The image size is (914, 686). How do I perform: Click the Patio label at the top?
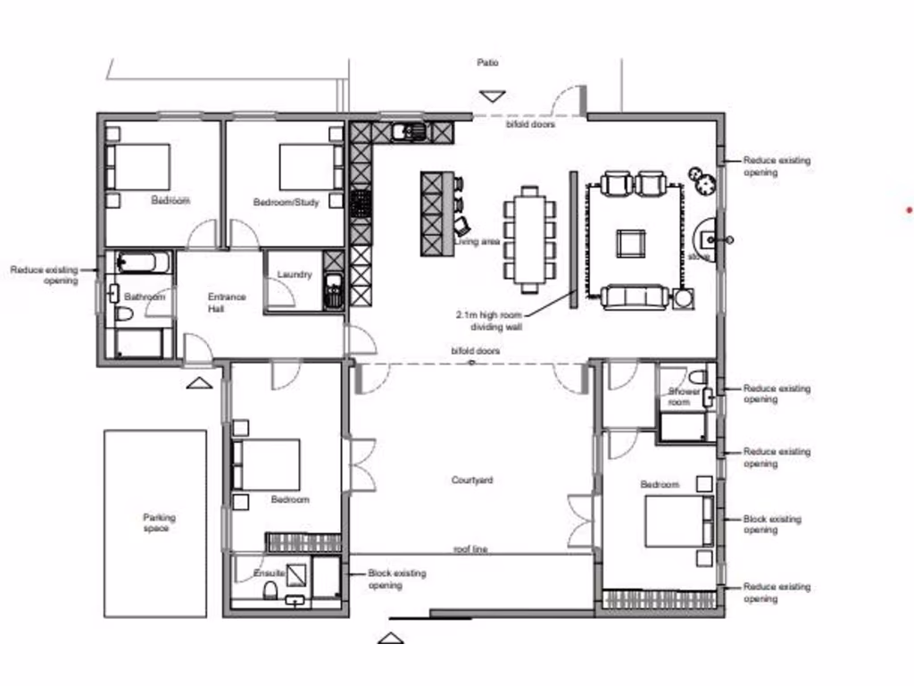tap(487, 63)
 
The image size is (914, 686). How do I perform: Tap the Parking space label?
tap(160, 523)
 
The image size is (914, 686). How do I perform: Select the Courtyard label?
tap(472, 481)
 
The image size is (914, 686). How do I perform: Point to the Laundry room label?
tap(295, 274)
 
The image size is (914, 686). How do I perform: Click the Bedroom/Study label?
tap(286, 202)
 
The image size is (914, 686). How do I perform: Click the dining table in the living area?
tap(530, 239)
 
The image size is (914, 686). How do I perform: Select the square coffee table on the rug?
tap(631, 242)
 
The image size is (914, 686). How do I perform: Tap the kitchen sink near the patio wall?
tap(410, 132)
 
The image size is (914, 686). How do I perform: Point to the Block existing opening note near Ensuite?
tap(396, 579)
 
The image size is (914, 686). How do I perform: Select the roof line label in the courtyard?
tap(470, 549)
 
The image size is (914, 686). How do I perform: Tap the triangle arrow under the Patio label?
tap(492, 96)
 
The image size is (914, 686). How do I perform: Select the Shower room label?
tap(685, 397)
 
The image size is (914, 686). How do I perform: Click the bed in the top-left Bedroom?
tap(140, 167)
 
